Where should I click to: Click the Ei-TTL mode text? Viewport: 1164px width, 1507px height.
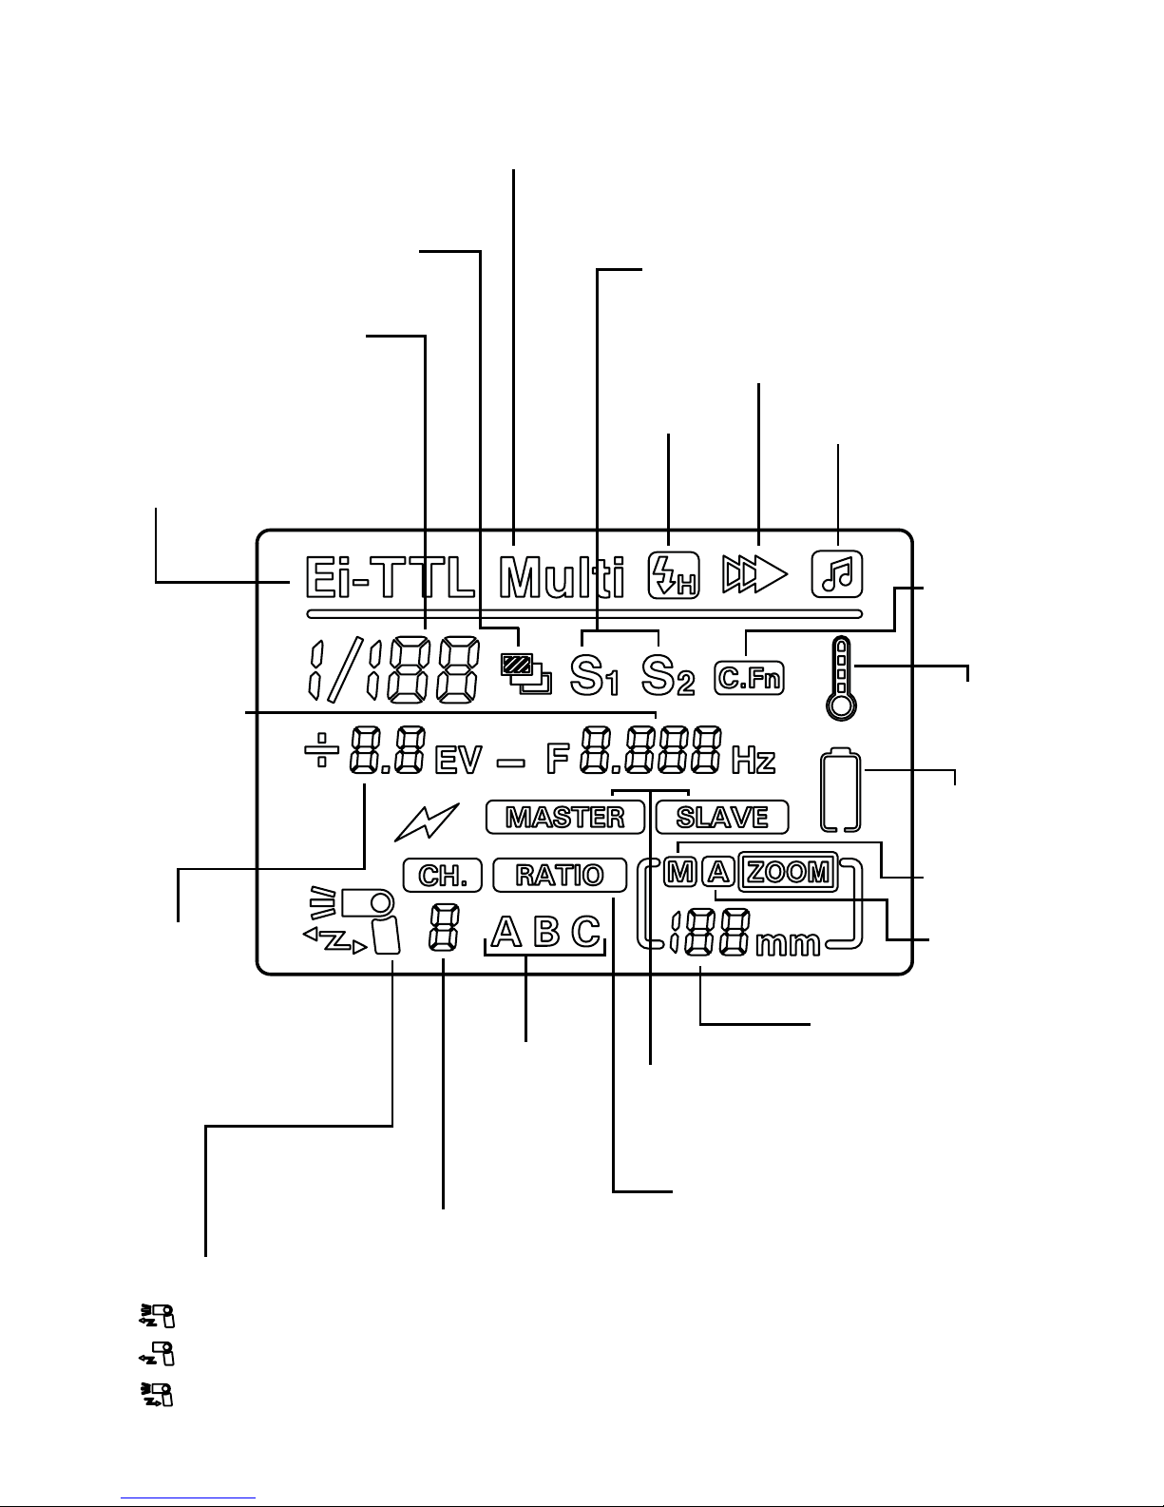coord(390,577)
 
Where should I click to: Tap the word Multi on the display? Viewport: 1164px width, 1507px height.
coord(563,577)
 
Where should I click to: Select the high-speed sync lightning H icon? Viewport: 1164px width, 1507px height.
coord(673,575)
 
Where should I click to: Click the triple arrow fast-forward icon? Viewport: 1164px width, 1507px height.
coord(754,574)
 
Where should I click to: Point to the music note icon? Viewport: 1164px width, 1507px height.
coord(837,574)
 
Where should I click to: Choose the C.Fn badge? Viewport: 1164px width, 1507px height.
coord(750,678)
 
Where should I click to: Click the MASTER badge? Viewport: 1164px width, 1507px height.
coord(565,817)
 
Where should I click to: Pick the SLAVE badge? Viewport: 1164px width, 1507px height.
coord(722,817)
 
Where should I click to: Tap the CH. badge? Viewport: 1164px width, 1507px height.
coord(443,875)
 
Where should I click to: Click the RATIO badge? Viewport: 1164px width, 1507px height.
coord(560,875)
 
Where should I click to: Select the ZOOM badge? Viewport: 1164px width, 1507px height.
coord(789,872)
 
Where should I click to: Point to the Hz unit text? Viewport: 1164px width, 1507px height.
coord(754,761)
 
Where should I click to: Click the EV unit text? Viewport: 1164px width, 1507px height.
coord(459,761)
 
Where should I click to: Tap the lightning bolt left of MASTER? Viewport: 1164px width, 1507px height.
coord(427,821)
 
